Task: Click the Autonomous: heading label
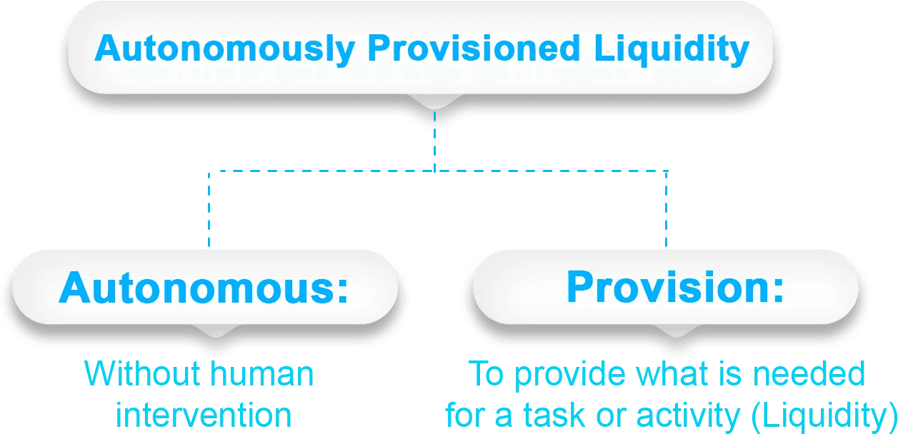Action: pyautogui.click(x=204, y=288)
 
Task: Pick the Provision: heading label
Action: pyautogui.click(x=674, y=288)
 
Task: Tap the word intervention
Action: pyautogui.click(x=204, y=415)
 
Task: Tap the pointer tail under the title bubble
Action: pyautogui.click(x=434, y=108)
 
